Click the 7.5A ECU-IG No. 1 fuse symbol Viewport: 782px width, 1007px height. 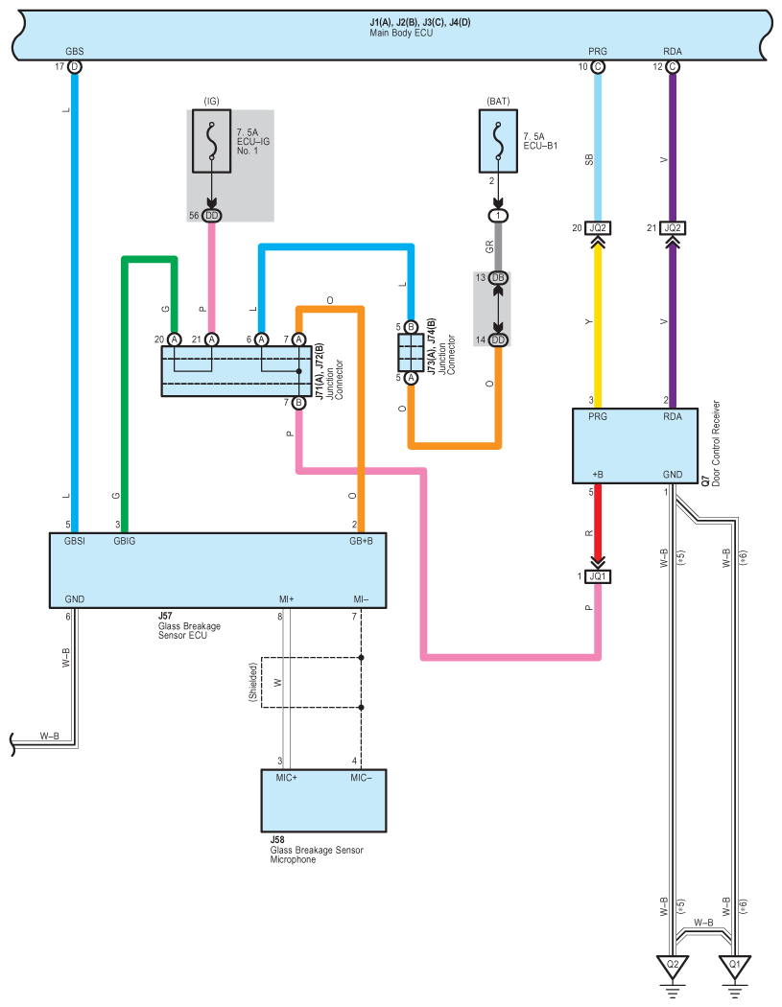click(x=211, y=141)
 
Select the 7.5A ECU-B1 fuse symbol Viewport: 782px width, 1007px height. click(x=498, y=141)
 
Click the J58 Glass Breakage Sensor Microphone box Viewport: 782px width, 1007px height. click(x=323, y=800)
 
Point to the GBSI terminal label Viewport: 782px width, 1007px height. click(x=75, y=542)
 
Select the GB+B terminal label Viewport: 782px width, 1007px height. click(x=361, y=542)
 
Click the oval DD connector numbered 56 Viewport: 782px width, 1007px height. click(x=211, y=216)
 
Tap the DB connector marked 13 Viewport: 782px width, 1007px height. click(x=498, y=277)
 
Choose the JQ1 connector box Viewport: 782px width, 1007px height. click(x=598, y=576)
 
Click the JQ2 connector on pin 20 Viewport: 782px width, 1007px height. click(x=598, y=228)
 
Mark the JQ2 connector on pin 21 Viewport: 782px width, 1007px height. click(x=673, y=228)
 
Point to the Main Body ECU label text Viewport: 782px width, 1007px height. click(x=401, y=33)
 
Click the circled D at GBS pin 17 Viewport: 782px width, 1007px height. click(x=75, y=67)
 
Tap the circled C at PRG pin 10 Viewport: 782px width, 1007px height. click(x=598, y=67)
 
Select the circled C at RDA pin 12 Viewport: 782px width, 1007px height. click(x=673, y=67)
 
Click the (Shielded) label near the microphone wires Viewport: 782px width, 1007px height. click(x=253, y=682)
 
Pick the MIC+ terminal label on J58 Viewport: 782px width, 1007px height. click(x=287, y=778)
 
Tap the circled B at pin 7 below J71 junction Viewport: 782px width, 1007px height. click(x=298, y=403)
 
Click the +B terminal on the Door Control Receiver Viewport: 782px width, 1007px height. click(x=598, y=475)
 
